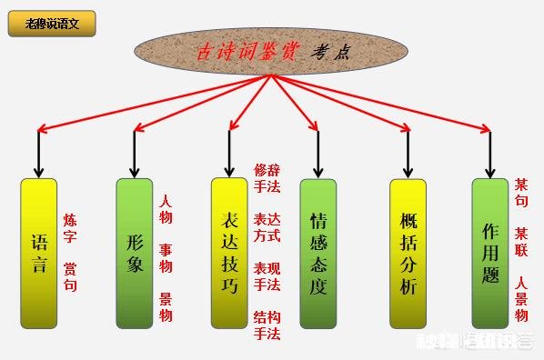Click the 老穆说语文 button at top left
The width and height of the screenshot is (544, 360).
[52, 24]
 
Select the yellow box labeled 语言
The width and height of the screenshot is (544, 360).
[38, 254]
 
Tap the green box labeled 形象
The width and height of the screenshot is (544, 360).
[135, 253]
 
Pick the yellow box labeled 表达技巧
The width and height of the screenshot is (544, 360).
[229, 253]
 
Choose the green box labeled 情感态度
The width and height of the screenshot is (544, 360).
[318, 253]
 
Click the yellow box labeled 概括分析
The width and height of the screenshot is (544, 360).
[408, 253]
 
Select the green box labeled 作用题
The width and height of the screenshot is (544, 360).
[490, 253]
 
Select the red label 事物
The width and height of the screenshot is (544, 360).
[166, 257]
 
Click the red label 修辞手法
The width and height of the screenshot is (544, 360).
[267, 177]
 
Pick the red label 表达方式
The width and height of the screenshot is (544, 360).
[267, 227]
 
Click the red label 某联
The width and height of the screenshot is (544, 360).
[521, 241]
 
